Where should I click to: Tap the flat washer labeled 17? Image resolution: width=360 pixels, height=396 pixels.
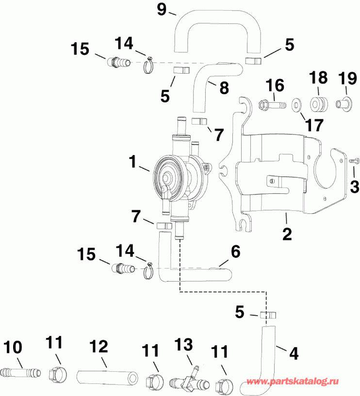(296, 104)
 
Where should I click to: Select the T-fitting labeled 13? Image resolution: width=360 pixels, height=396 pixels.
(187, 379)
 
